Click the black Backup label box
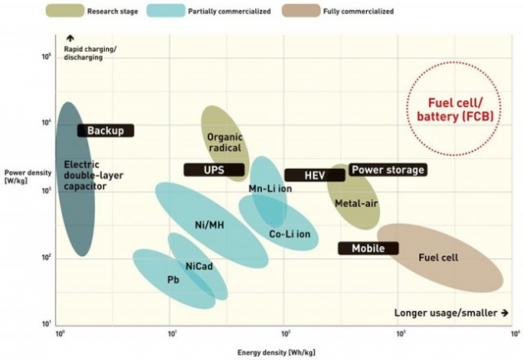click(106, 131)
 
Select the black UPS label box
click(214, 170)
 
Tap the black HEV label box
click(314, 175)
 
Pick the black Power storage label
click(388, 170)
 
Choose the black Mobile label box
click(368, 248)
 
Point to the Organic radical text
click(225, 142)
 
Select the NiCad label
click(198, 266)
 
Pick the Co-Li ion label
click(289, 234)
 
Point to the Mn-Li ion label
click(270, 189)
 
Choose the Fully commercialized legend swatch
click(308, 12)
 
